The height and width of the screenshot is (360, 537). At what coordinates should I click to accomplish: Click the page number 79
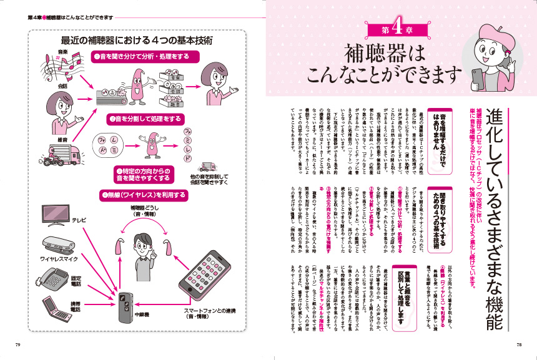[x=17, y=344]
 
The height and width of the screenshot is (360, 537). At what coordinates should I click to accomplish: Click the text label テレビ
[x=79, y=220]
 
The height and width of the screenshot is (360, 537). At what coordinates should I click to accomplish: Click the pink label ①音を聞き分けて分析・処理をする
[x=145, y=56]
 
